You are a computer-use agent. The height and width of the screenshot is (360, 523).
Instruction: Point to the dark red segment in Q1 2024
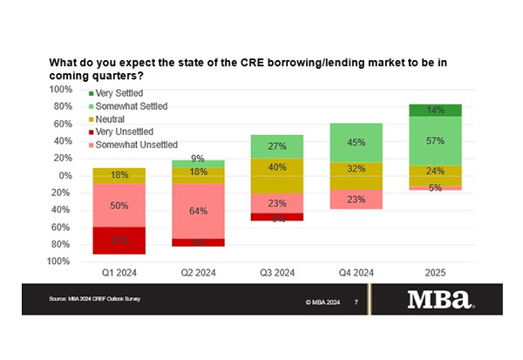click(x=120, y=240)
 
